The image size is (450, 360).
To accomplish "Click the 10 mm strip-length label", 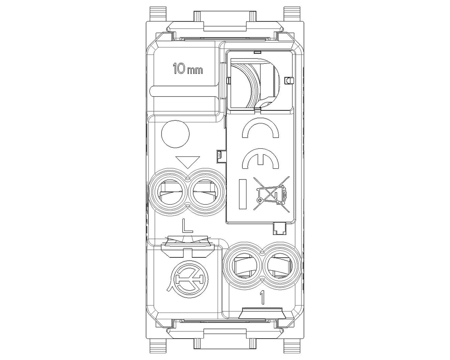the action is (188, 69).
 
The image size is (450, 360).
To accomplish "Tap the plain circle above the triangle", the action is (176, 134).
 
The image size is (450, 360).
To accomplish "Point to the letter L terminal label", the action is (187, 226).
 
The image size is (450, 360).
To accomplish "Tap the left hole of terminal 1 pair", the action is (244, 265).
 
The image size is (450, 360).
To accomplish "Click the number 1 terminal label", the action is (262, 297).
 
